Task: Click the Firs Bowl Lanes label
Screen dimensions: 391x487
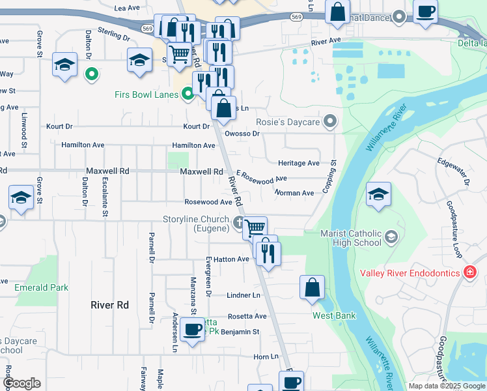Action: pyautogui.click(x=146, y=95)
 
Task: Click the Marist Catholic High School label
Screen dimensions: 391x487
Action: pyautogui.click(x=351, y=238)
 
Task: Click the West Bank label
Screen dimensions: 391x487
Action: pyautogui.click(x=334, y=316)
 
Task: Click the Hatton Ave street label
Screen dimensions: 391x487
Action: pyautogui.click(x=232, y=259)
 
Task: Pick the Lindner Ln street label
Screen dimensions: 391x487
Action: pyautogui.click(x=244, y=295)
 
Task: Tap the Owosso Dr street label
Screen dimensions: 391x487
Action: pyautogui.click(x=242, y=134)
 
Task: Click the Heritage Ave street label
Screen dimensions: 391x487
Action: pyautogui.click(x=299, y=163)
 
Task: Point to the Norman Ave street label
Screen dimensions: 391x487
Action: pyautogui.click(x=294, y=193)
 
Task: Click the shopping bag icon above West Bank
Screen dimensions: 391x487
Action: pyautogui.click(x=313, y=286)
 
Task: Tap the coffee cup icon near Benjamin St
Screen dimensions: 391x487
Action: pyautogui.click(x=192, y=329)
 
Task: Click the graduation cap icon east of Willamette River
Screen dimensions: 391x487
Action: pyautogui.click(x=378, y=194)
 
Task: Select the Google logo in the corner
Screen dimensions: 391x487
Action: pyautogui.click(x=21, y=383)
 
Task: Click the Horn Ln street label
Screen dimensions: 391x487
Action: pyautogui.click(x=266, y=356)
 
